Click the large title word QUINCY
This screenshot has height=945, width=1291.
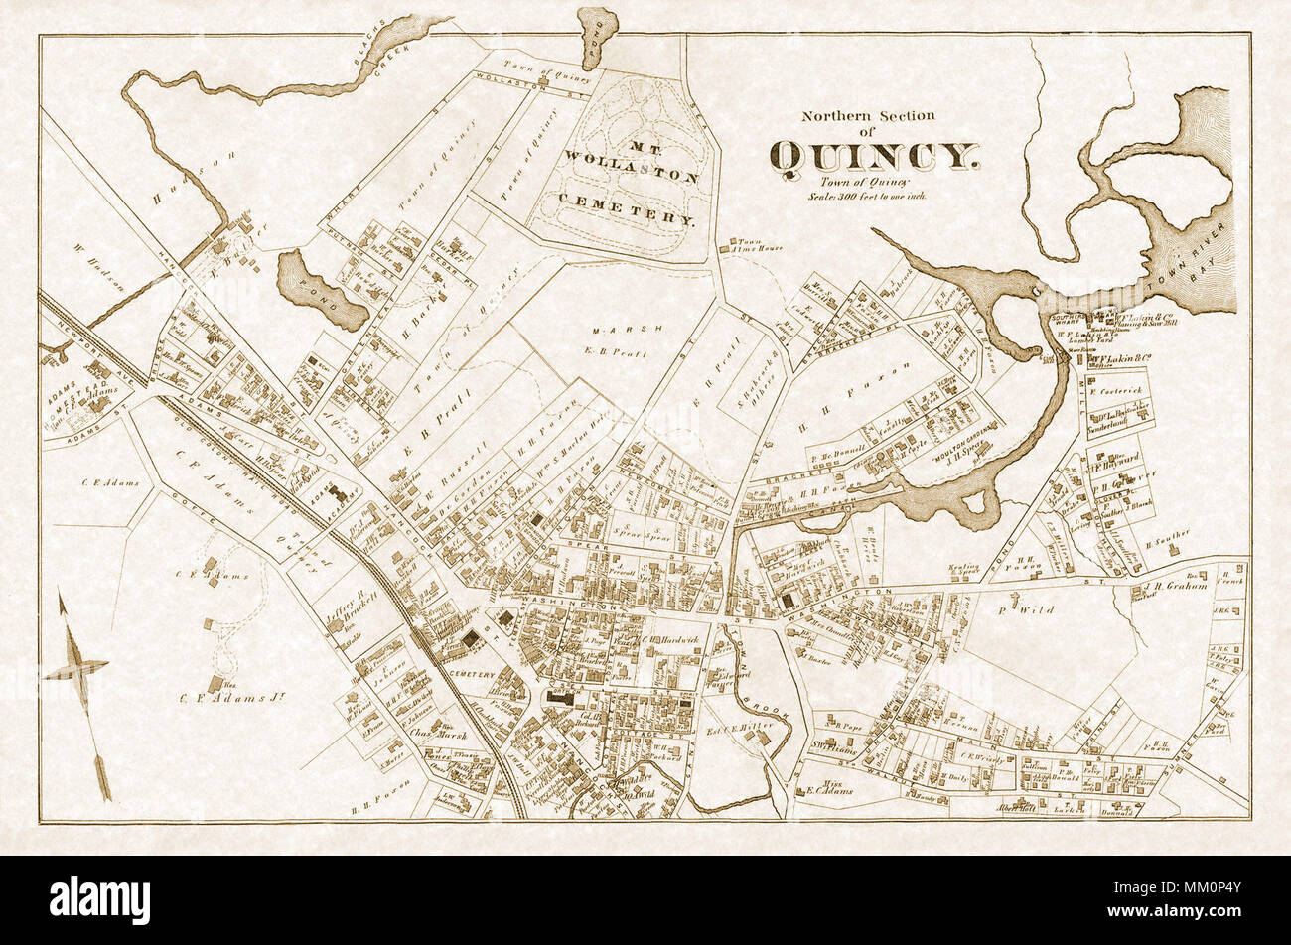(874, 156)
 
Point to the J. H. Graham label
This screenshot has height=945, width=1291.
(1177, 586)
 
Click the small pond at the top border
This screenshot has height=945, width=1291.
(598, 38)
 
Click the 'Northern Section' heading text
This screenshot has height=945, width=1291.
(868, 116)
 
